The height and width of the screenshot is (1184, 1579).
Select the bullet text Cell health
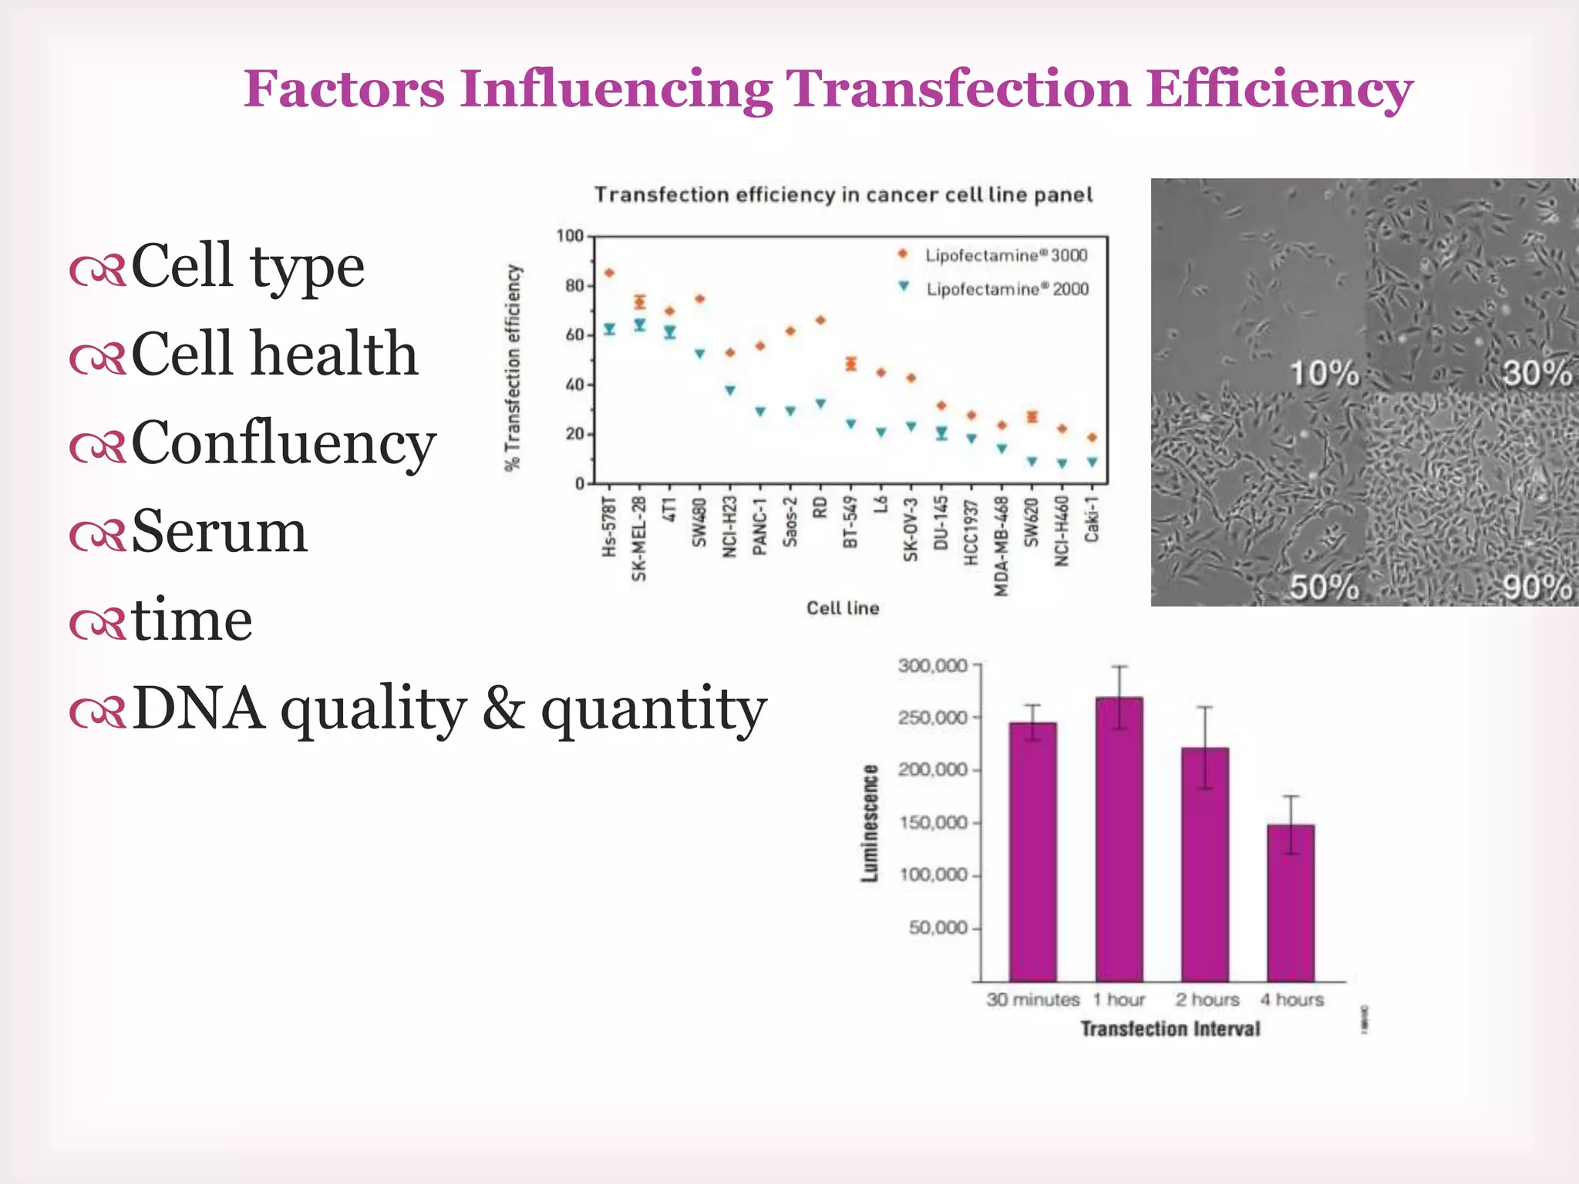pyautogui.click(x=274, y=354)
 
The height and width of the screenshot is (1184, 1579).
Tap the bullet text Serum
pyautogui.click(x=220, y=531)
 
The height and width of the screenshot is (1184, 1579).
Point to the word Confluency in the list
pyautogui.click(x=284, y=443)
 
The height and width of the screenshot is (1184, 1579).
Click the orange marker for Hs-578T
pyautogui.click(x=609, y=273)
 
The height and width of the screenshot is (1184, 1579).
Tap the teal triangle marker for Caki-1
pyautogui.click(x=1092, y=462)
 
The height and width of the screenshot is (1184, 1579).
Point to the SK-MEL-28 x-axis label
pyautogui.click(x=639, y=539)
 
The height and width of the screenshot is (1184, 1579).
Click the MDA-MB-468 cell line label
pyautogui.click(x=1002, y=546)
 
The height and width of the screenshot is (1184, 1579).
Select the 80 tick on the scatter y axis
pyautogui.click(x=574, y=286)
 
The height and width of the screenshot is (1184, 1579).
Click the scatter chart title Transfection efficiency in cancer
pyautogui.click(x=843, y=195)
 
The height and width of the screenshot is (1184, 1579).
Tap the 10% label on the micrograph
pyautogui.click(x=1325, y=374)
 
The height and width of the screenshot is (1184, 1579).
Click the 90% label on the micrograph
pyautogui.click(x=1537, y=587)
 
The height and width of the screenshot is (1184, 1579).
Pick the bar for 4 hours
pyautogui.click(x=1291, y=902)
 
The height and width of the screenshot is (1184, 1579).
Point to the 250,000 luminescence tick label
pyautogui.click(x=932, y=718)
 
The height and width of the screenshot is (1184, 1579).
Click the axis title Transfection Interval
pyautogui.click(x=1170, y=1029)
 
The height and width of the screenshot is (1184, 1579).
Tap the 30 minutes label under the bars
pyautogui.click(x=1032, y=1000)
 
